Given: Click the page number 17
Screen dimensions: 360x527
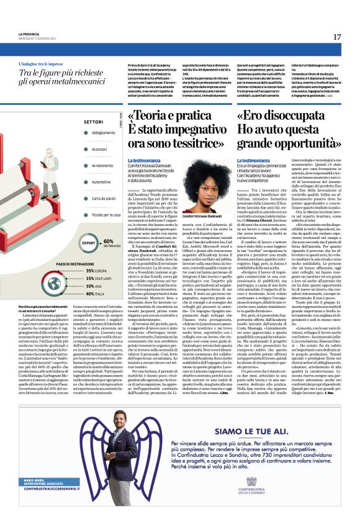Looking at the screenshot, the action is pyautogui.click(x=336, y=37).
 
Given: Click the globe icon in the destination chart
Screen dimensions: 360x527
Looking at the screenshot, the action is pyautogui.click(x=59, y=282).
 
